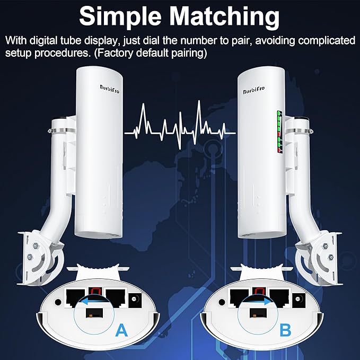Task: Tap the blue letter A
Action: (121, 331)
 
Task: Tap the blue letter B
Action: (285, 331)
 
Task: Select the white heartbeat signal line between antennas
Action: (180, 125)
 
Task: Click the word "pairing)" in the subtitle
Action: (189, 54)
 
